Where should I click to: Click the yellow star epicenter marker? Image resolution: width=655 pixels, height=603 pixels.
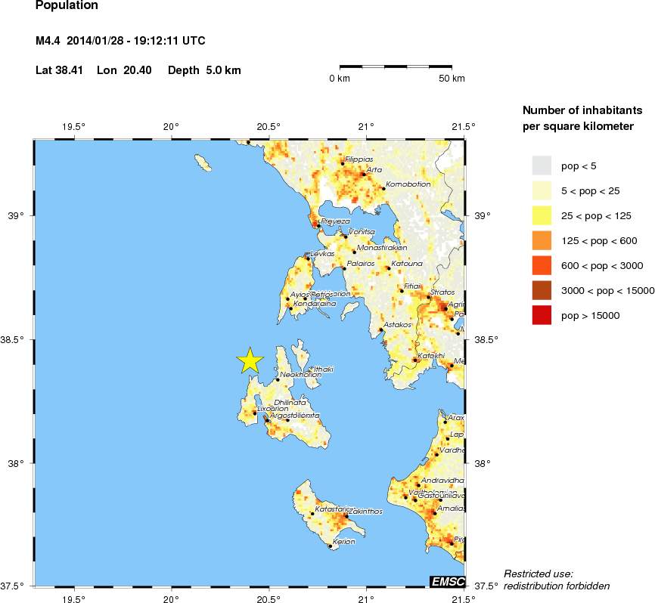[250, 361]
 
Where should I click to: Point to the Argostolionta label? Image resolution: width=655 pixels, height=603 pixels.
[295, 416]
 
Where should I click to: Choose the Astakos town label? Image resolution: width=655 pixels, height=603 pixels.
[397, 325]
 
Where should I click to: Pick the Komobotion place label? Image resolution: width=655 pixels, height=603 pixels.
[408, 184]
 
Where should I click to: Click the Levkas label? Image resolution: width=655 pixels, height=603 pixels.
[322, 254]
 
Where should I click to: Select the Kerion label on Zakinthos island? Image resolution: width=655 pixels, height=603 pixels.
[344, 542]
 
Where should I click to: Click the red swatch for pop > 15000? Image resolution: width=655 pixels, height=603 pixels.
[542, 317]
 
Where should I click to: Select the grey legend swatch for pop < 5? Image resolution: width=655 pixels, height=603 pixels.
[542, 165]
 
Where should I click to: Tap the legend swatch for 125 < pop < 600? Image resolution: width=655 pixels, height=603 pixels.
[542, 240]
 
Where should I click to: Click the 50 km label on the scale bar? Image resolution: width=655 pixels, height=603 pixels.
[452, 79]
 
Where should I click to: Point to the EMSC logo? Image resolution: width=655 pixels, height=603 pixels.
[446, 580]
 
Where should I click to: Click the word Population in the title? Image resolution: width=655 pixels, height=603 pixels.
[67, 5]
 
